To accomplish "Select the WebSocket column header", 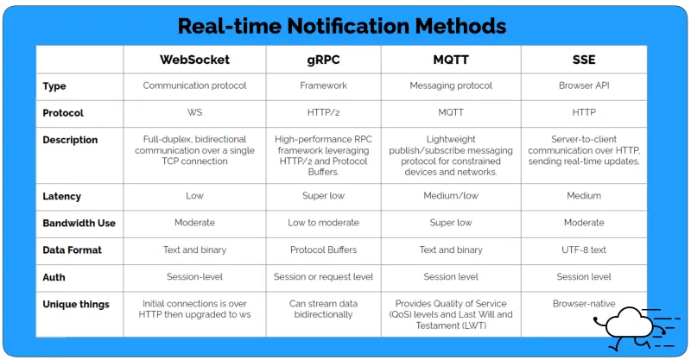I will [x=194, y=60].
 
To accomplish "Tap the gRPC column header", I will [x=324, y=60].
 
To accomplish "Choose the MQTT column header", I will [x=450, y=60].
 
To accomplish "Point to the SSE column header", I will [x=583, y=60].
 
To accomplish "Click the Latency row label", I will [x=61, y=196].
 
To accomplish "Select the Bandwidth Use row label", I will [x=79, y=223].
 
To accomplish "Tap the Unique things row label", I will [x=76, y=304].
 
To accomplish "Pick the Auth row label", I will [x=54, y=277].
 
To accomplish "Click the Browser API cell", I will [x=583, y=86].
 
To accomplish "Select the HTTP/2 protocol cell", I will [x=324, y=113].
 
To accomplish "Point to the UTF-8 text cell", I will [x=583, y=250].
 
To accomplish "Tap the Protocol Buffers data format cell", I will [x=324, y=250].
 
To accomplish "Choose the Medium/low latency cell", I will [x=450, y=196].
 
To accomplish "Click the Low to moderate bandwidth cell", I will [x=324, y=223].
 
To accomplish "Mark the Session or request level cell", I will [x=324, y=277].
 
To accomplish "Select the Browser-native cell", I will [x=583, y=304].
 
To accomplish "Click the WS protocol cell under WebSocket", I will [x=194, y=113].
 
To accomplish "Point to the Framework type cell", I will [x=324, y=86].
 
